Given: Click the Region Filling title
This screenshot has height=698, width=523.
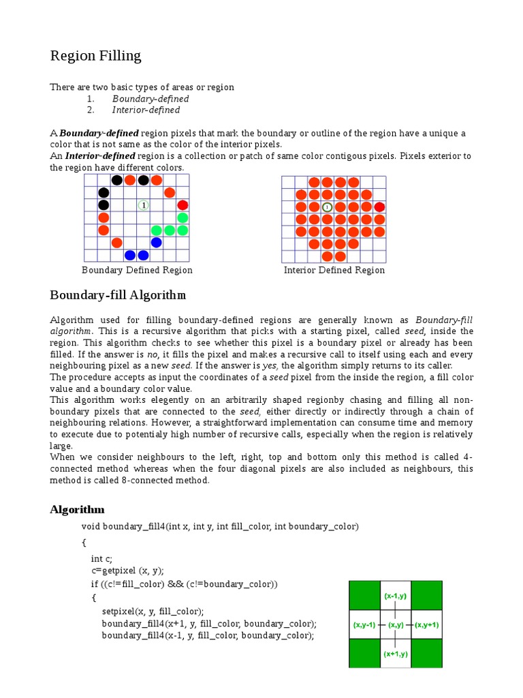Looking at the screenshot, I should (x=95, y=56).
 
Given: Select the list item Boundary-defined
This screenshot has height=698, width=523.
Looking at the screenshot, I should (x=150, y=99).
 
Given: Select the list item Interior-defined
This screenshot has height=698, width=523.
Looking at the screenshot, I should (x=146, y=110).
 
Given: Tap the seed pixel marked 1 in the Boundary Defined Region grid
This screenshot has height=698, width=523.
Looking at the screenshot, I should (x=143, y=205).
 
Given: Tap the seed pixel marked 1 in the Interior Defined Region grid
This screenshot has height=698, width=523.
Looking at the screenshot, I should (x=327, y=207).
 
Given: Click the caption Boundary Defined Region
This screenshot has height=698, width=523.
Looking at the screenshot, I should (x=137, y=270).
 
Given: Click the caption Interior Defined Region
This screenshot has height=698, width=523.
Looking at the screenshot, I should (x=334, y=270).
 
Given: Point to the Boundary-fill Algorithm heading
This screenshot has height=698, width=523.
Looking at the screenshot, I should (x=118, y=295).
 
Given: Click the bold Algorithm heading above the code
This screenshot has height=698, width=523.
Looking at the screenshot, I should (x=77, y=510).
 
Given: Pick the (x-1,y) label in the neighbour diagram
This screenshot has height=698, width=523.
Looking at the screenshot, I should (x=395, y=596).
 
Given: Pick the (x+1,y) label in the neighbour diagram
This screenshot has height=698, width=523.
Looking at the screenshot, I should (x=395, y=654).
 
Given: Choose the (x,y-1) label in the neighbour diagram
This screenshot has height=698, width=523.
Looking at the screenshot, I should (x=364, y=624).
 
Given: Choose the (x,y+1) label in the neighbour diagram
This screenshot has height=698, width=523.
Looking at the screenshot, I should (x=427, y=624).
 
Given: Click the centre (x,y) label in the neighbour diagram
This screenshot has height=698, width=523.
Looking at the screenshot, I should (x=396, y=624).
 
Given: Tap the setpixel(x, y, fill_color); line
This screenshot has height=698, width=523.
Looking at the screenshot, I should (x=153, y=611).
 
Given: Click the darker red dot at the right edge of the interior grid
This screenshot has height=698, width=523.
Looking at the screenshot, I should (x=379, y=207).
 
